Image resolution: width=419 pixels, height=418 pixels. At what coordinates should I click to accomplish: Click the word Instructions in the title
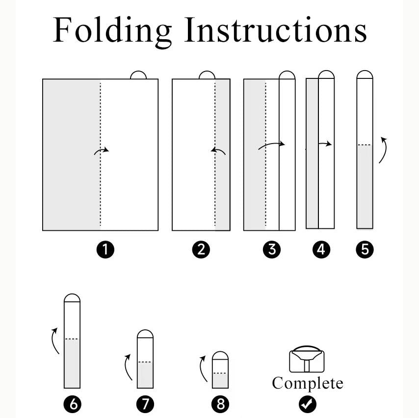click(x=276, y=29)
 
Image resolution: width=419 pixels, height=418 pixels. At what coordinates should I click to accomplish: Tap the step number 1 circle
click(x=105, y=249)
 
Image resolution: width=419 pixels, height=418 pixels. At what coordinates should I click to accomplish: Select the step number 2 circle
click(x=201, y=249)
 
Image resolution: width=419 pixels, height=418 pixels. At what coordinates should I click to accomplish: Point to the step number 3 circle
click(x=272, y=249)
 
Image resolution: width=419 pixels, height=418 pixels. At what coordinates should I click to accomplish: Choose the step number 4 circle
click(x=321, y=249)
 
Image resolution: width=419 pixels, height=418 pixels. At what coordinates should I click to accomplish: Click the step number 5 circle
click(x=365, y=249)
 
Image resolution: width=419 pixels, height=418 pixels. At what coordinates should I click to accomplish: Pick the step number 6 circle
click(x=73, y=404)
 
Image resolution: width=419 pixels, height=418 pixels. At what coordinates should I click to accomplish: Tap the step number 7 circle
click(x=145, y=404)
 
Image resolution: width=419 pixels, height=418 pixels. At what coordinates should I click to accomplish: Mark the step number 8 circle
click(x=220, y=404)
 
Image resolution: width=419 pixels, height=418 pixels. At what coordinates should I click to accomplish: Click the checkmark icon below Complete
click(x=307, y=404)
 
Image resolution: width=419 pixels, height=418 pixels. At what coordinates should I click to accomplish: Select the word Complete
click(x=308, y=384)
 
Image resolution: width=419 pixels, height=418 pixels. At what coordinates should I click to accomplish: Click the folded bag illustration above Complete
click(x=307, y=359)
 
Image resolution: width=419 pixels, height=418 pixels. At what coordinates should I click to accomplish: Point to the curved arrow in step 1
click(x=101, y=151)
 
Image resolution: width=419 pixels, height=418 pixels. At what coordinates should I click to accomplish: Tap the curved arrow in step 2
click(x=218, y=151)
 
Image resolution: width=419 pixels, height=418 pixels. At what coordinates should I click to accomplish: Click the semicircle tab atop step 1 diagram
click(x=138, y=75)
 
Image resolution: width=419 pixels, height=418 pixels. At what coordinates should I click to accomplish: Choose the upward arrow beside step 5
click(x=383, y=150)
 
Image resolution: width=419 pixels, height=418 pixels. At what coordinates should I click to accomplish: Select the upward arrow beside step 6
click(x=55, y=341)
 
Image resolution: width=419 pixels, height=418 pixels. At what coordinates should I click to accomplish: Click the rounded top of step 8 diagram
click(x=220, y=355)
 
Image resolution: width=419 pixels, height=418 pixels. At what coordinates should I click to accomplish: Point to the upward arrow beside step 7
click(x=128, y=367)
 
